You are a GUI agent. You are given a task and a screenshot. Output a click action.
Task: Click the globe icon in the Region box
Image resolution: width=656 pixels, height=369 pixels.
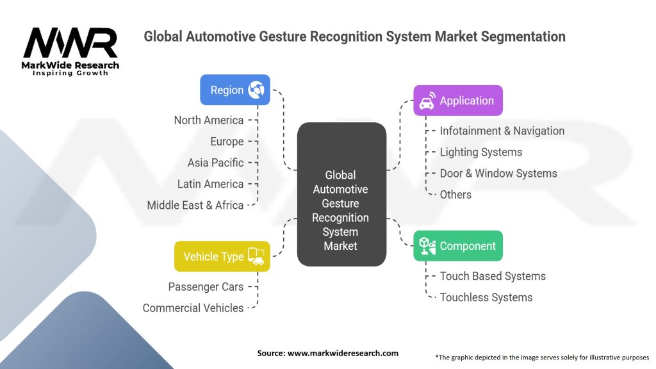click(x=256, y=90)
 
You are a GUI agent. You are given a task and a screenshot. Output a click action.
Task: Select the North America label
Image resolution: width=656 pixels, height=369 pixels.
click(x=209, y=120)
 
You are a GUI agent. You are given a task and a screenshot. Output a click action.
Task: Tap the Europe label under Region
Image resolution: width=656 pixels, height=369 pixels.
click(x=227, y=142)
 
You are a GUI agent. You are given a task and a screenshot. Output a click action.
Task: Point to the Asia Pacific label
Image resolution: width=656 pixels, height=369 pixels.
click(x=215, y=163)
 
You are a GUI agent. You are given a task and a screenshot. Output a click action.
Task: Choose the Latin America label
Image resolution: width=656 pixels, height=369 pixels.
click(x=210, y=184)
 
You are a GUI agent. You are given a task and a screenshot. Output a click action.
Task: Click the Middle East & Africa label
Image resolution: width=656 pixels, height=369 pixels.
click(x=195, y=205)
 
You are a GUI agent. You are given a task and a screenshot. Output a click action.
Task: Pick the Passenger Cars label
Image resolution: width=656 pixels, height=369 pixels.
click(x=206, y=286)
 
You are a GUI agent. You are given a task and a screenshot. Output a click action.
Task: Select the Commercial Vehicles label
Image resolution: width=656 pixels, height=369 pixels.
click(x=193, y=308)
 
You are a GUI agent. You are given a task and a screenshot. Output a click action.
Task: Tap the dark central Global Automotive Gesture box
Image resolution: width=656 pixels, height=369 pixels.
click(x=341, y=195)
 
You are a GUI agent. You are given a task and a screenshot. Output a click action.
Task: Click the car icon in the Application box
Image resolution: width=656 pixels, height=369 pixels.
click(x=427, y=101)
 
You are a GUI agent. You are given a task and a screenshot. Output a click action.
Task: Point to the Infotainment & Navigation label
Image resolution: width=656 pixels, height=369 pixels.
click(x=502, y=131)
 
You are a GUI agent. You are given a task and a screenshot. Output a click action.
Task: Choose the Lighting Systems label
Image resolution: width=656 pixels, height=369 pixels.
click(x=480, y=152)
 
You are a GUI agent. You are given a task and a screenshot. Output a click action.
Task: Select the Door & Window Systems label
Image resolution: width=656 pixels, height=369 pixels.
click(x=498, y=173)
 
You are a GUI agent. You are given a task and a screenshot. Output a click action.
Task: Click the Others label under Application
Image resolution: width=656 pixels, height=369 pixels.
click(x=455, y=195)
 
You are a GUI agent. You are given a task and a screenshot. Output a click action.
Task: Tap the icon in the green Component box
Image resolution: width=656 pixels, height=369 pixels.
click(x=427, y=246)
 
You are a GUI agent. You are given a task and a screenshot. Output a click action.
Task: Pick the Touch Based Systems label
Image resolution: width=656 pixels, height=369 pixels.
click(x=493, y=276)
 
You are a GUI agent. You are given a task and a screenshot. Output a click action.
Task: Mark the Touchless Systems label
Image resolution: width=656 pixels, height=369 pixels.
click(x=486, y=297)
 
